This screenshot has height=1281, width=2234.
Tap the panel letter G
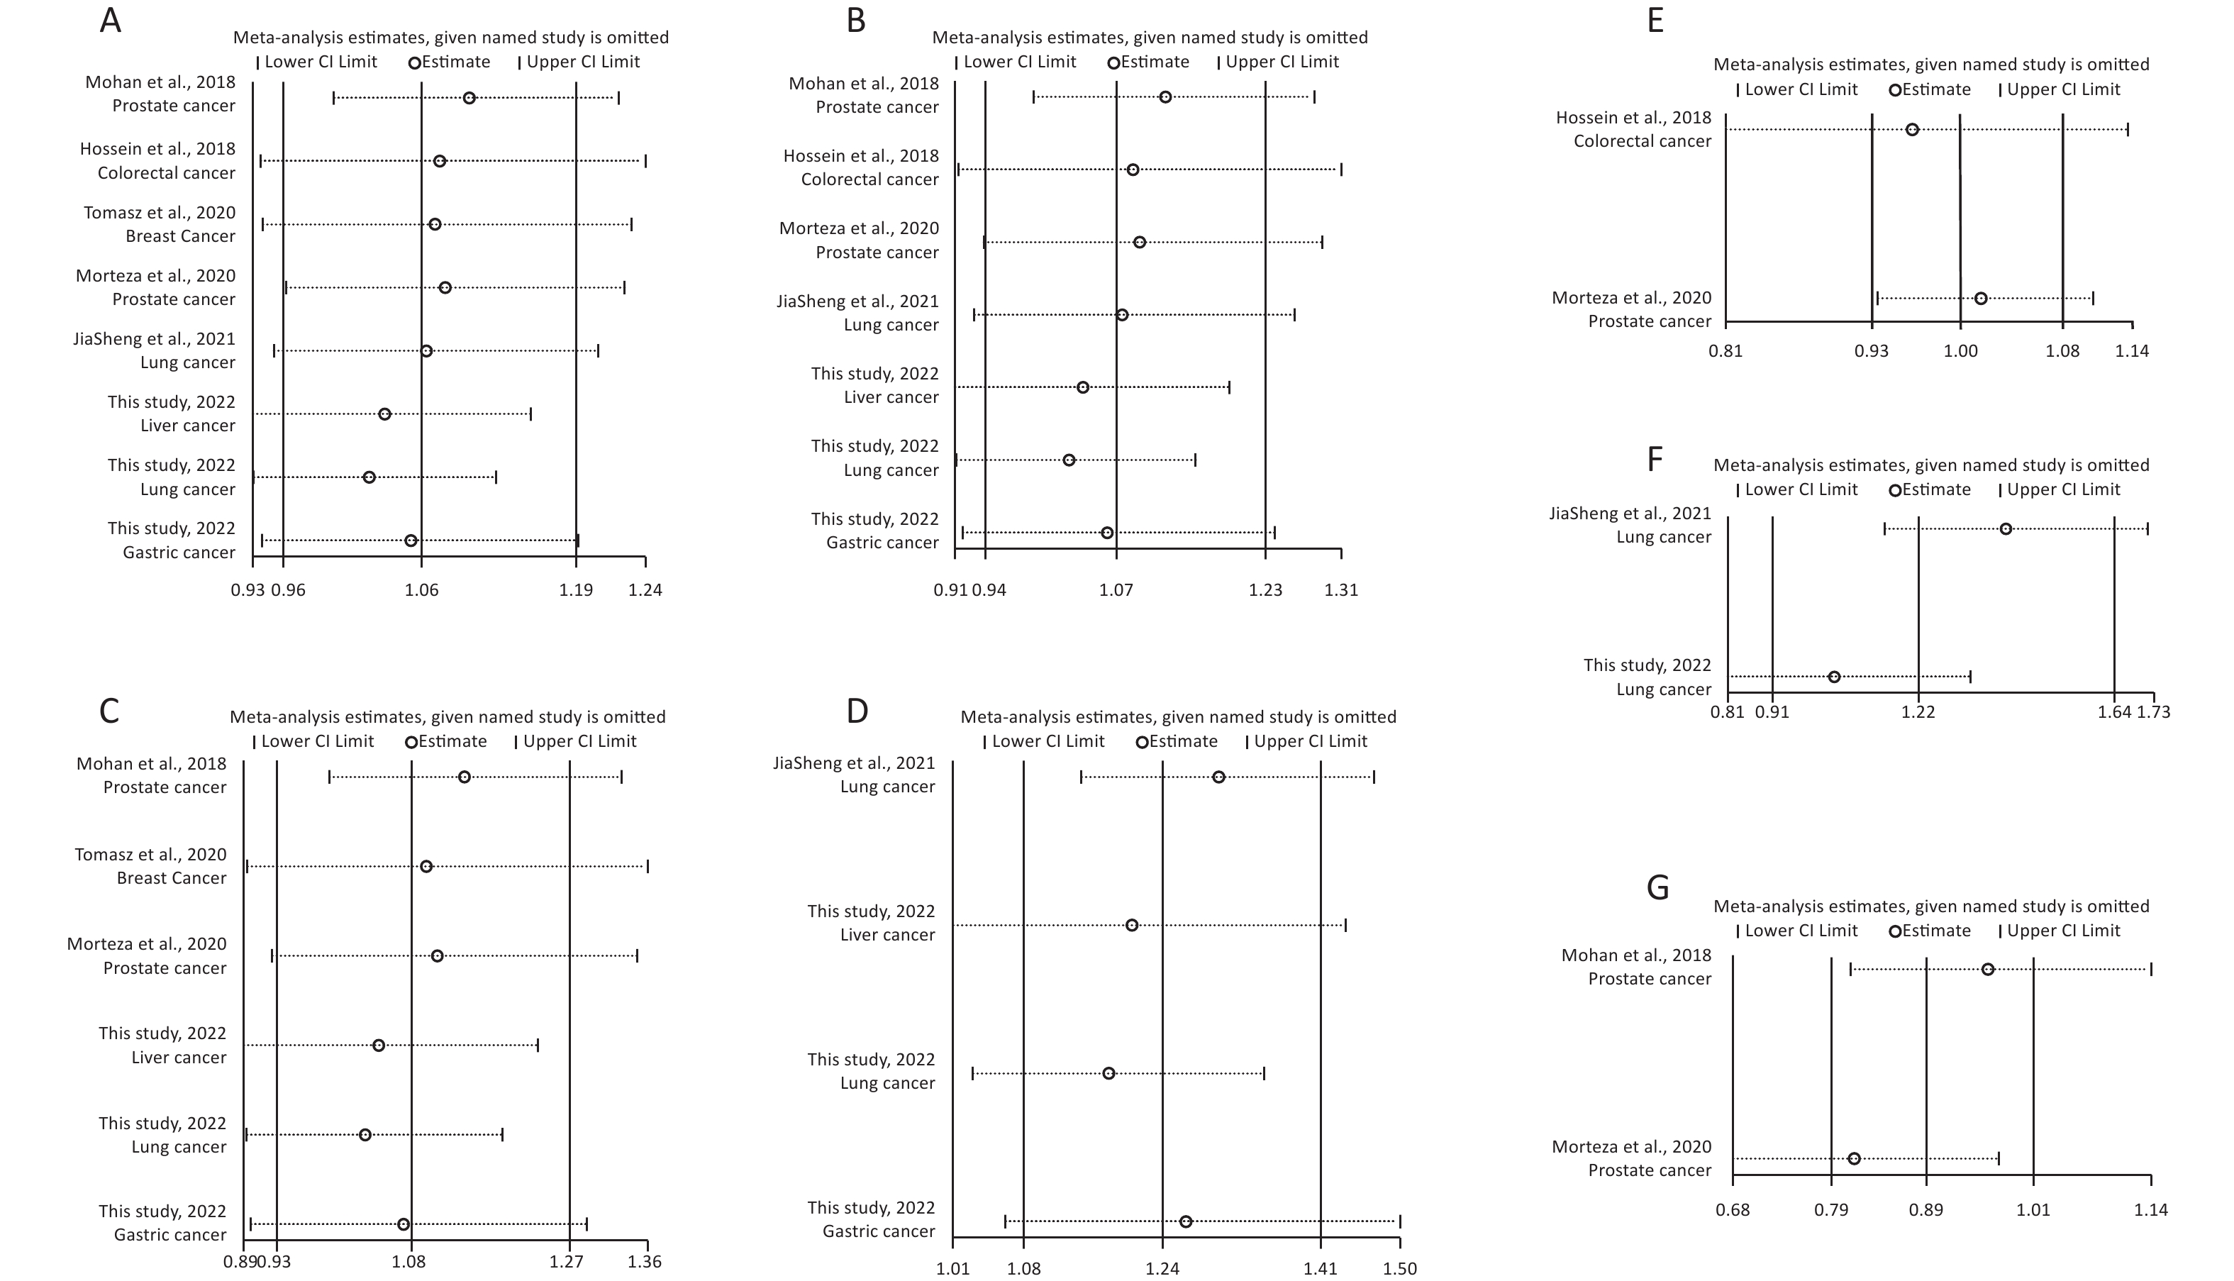pos(1657,888)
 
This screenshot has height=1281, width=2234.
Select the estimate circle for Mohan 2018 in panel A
pos(469,98)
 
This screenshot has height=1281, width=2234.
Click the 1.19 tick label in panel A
pos(576,589)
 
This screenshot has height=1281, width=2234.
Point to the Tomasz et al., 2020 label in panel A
pos(160,212)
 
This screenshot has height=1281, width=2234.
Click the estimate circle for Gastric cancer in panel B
pos(1107,532)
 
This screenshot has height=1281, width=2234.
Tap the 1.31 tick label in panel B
pos(1341,589)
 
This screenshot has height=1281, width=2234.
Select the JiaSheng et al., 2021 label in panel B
pos(857,301)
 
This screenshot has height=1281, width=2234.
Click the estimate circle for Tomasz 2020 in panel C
pos(426,867)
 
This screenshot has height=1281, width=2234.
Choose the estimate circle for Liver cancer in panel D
pos(1132,925)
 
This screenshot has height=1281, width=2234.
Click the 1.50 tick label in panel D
pos(1400,1269)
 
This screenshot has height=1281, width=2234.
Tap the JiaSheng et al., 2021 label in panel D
pos(854,762)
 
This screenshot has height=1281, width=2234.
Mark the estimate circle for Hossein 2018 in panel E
pos(1912,129)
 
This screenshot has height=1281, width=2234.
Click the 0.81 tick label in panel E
pos(1725,351)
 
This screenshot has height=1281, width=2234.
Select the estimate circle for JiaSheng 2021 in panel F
pos(2006,528)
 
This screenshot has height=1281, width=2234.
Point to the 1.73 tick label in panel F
pos(2154,711)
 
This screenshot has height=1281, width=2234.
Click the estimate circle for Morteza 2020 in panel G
pos(1854,1159)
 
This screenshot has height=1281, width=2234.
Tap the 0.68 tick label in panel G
pos(1733,1210)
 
